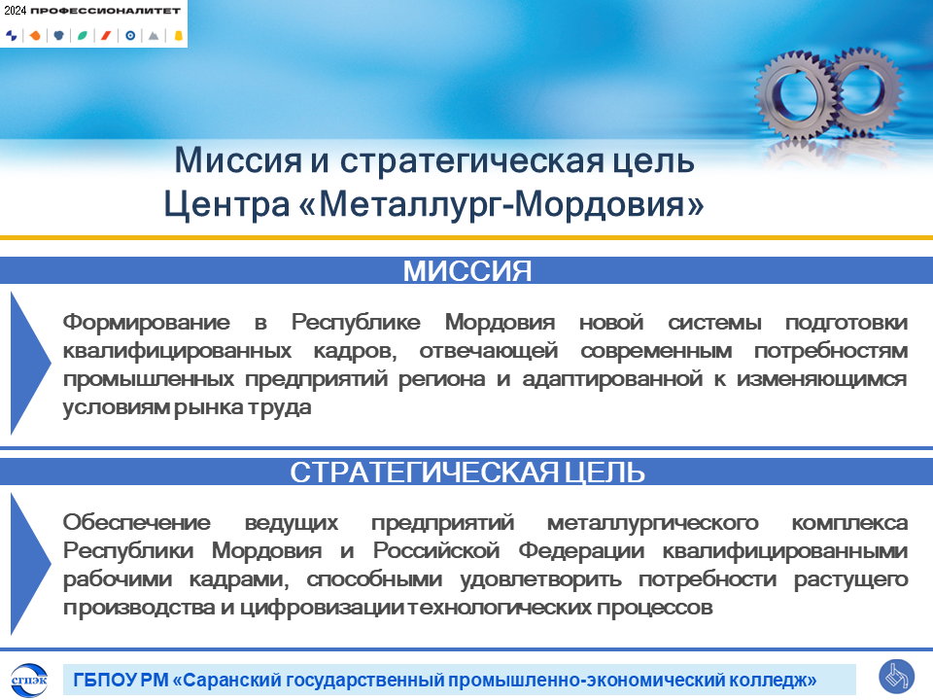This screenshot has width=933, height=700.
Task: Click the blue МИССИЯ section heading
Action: coord(467,271)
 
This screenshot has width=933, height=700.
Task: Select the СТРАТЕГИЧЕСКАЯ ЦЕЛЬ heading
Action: coord(467,472)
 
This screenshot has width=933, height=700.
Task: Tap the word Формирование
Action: coord(147,322)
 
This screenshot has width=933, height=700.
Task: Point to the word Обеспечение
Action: coord(137,523)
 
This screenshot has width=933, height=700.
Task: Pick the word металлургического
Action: coord(653,523)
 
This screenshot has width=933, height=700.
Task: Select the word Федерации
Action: coord(581,550)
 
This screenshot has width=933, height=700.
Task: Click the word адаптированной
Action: coord(612,379)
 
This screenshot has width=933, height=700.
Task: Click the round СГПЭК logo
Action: coord(28,680)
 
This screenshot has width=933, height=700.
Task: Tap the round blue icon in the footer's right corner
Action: coord(896,677)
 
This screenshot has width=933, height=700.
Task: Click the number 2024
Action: coord(15,10)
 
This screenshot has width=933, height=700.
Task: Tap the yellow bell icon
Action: coord(178,36)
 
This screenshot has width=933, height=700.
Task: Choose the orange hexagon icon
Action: coord(35,36)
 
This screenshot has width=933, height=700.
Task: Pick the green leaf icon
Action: coord(82,36)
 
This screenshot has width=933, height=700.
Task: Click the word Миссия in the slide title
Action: coord(238,159)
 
